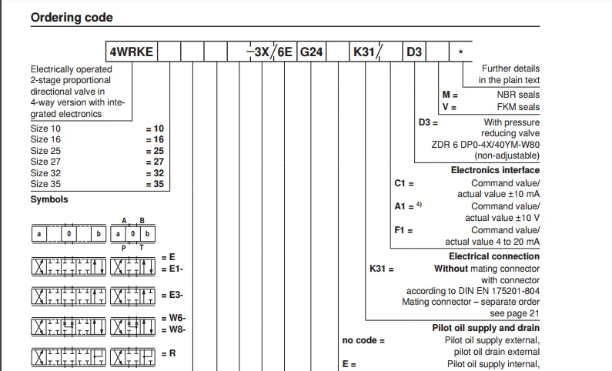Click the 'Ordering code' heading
click(x=72, y=18)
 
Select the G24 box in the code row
click(x=311, y=52)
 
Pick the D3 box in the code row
click(x=414, y=52)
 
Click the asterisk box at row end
click(x=460, y=52)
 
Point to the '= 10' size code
click(x=156, y=129)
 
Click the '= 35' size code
click(x=156, y=185)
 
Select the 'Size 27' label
click(x=45, y=162)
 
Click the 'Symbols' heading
click(x=49, y=199)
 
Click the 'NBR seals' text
click(x=518, y=95)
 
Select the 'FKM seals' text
click(x=518, y=107)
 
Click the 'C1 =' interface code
click(x=403, y=183)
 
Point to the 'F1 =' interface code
click(x=403, y=230)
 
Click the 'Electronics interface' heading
click(x=495, y=170)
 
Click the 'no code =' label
click(x=363, y=340)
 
